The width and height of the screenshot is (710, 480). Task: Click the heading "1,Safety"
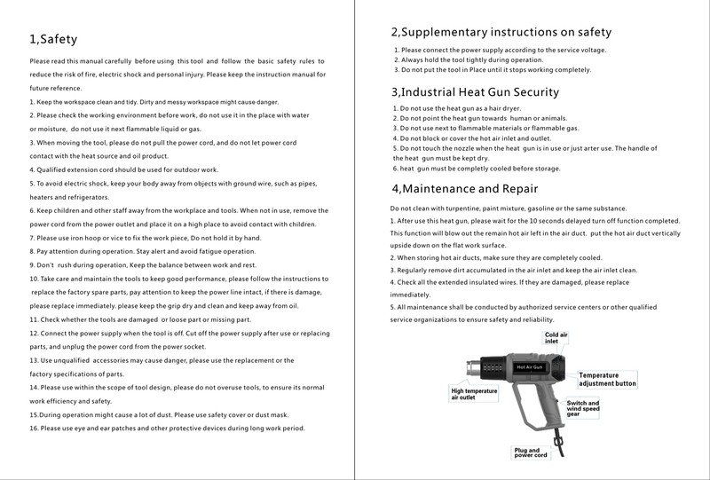coord(54,40)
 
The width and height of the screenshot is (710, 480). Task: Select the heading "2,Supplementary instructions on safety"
coord(501,32)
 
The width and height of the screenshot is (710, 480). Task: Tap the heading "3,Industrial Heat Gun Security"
coord(475,91)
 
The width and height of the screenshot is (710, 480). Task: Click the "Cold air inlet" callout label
coord(557,337)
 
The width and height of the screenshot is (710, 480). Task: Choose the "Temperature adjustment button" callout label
coord(608,380)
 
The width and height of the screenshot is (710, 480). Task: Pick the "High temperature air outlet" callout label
coord(476,394)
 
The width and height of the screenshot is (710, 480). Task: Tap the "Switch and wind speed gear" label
coord(583,408)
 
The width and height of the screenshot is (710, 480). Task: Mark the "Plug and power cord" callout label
coord(532,452)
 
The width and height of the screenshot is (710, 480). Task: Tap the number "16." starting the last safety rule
coord(34,428)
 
